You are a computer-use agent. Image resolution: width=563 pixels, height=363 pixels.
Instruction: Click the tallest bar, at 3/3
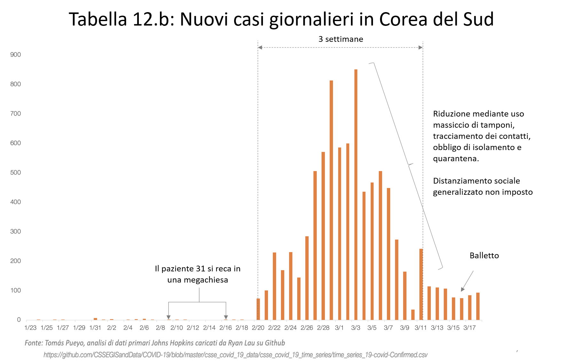coord(356,195)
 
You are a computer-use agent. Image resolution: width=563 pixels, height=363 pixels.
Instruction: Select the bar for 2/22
coord(274,286)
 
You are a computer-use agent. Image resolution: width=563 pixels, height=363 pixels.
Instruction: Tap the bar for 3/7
coord(388,254)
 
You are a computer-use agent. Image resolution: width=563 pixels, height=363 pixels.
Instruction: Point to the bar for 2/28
coord(323,236)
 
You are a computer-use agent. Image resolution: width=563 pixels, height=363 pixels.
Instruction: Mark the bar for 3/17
coord(470,307)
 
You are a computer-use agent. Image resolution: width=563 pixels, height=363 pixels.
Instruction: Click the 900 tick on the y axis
coord(15,55)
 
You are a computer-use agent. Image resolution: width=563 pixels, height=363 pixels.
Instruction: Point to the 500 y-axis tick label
coord(15,172)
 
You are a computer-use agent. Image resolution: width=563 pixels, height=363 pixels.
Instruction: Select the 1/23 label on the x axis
coord(30,328)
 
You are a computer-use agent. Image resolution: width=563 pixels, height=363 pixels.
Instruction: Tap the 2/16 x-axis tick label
coord(226,328)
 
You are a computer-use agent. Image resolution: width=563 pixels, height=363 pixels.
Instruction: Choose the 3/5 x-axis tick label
coord(372,328)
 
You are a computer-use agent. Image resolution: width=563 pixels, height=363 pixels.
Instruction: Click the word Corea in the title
coord(403,19)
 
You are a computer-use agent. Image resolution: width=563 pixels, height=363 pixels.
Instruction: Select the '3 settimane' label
coord(341,39)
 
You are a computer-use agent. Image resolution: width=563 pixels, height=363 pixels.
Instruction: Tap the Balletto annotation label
coord(484,255)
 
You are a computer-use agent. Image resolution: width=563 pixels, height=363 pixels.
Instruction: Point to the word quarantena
coord(456,159)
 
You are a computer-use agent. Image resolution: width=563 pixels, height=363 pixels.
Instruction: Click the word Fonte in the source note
coord(33,343)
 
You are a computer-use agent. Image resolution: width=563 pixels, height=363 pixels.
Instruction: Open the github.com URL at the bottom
coord(235,355)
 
